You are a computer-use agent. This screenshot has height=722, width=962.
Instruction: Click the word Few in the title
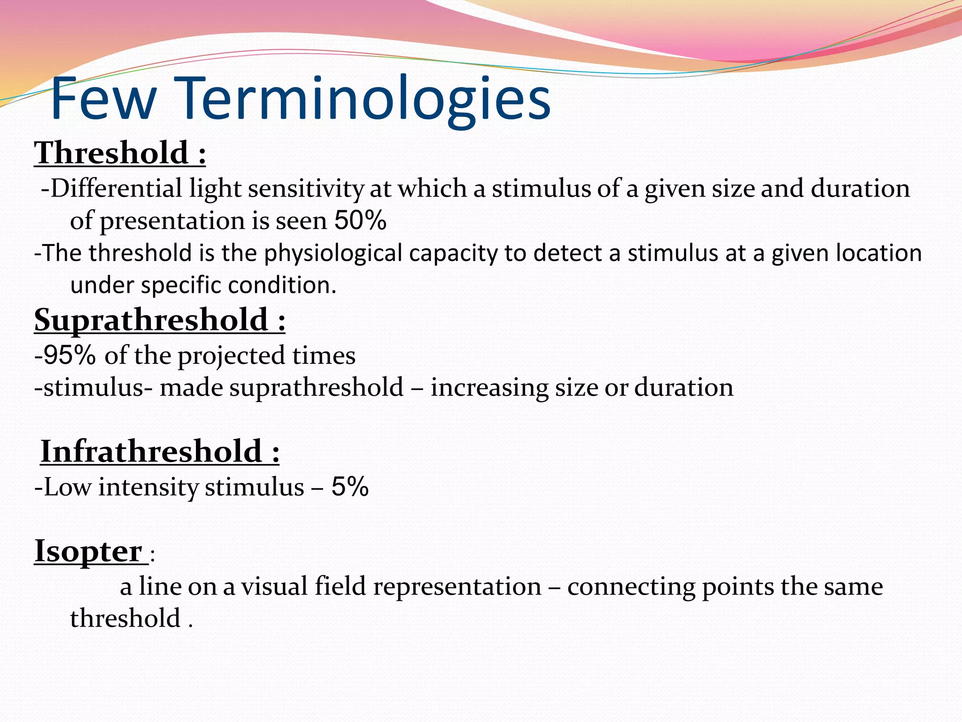point(103,100)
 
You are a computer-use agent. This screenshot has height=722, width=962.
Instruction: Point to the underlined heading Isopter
point(88,551)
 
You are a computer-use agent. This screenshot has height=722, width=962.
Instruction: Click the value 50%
point(360,220)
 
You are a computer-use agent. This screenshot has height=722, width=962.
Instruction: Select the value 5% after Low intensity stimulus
point(350,487)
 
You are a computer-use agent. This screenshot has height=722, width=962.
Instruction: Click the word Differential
point(116,188)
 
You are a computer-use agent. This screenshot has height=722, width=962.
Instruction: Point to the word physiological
point(333,253)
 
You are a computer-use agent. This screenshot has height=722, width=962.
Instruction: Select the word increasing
point(489,388)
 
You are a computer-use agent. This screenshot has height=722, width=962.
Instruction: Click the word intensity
point(148,487)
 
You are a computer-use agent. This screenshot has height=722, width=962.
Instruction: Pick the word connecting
point(631,587)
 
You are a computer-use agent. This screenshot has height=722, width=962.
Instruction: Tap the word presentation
point(172,221)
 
